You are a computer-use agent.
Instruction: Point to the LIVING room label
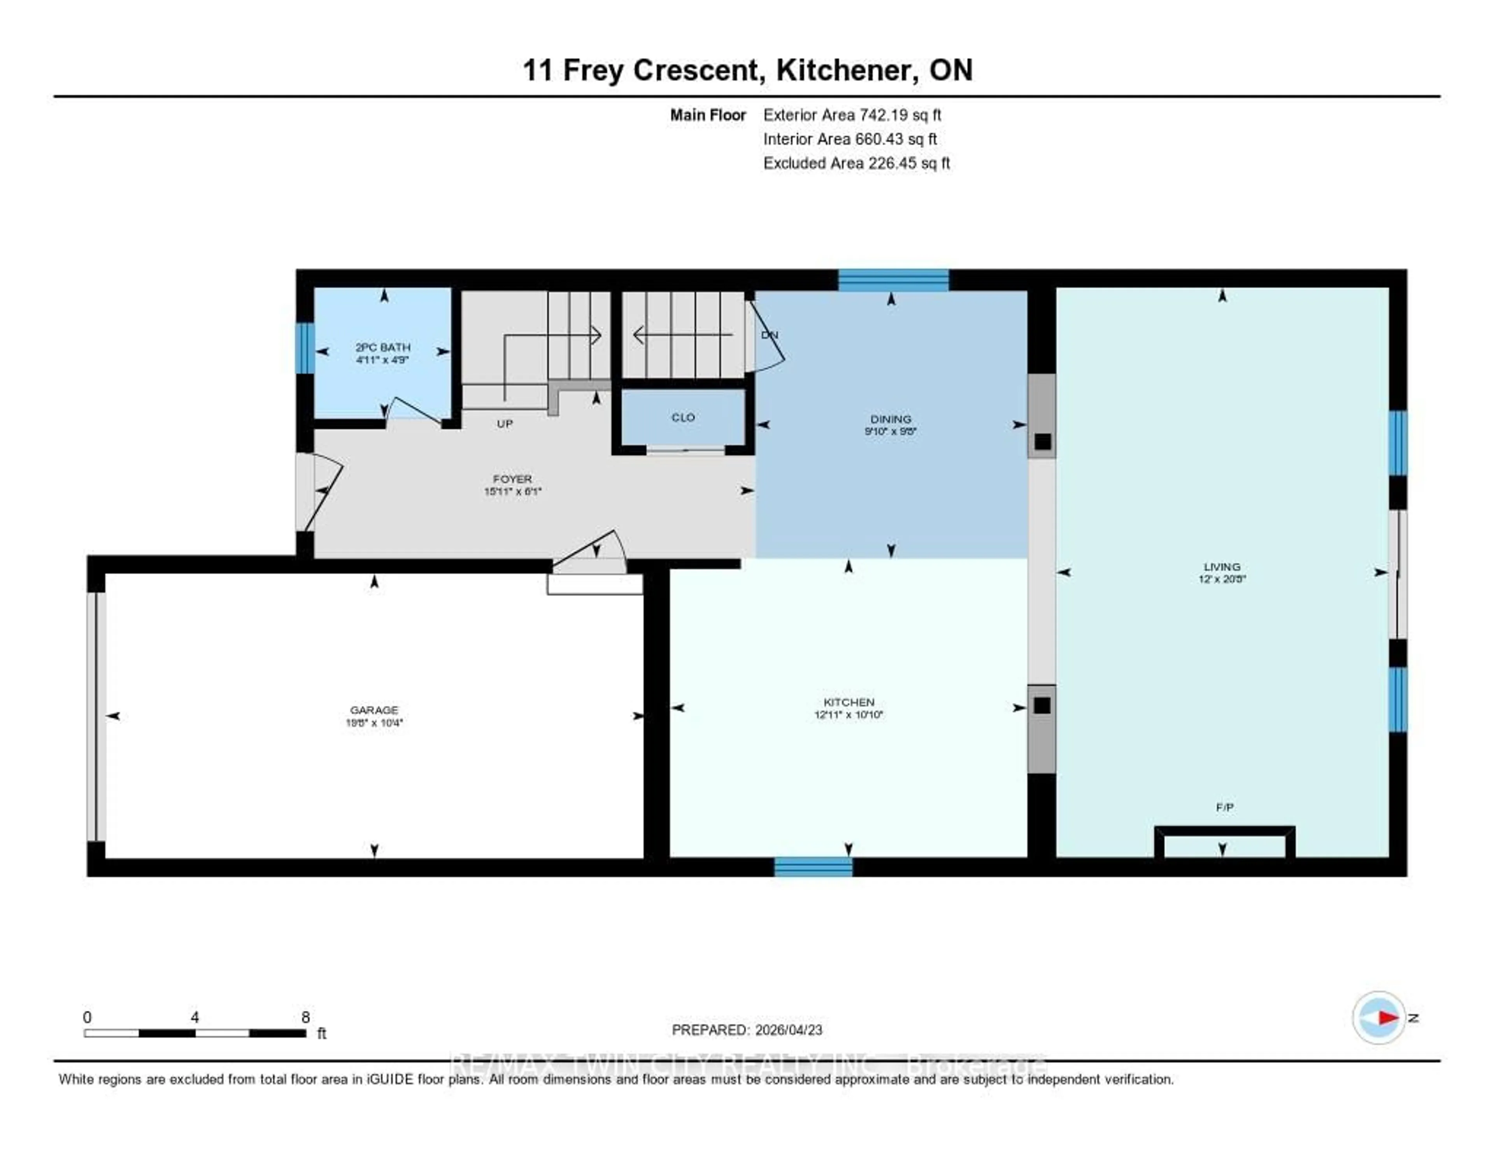(1222, 566)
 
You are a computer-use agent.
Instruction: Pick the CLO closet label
(683, 417)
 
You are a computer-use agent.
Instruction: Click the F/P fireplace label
(1224, 807)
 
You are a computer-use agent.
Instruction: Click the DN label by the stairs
(770, 335)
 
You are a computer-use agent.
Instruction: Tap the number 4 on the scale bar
(195, 1017)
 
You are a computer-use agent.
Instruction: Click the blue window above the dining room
(893, 280)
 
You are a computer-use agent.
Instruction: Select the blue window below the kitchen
(814, 867)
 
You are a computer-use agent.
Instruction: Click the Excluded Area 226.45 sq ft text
(856, 163)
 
